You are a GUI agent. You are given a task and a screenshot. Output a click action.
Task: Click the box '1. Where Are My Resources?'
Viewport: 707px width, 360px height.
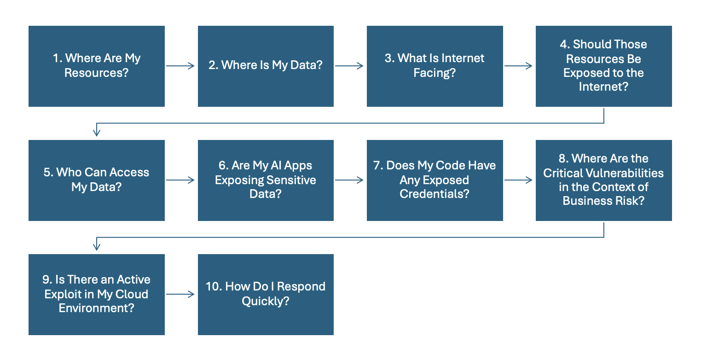pos(96,66)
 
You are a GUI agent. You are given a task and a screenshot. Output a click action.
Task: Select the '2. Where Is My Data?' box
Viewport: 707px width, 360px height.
pos(266,66)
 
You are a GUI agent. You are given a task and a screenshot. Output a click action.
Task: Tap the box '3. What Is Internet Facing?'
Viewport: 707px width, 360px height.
pos(435,66)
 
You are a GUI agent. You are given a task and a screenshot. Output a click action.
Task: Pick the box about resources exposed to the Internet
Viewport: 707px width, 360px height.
pos(603,66)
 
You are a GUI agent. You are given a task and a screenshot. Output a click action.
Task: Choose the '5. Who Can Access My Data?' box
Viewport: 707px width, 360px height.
pos(96,180)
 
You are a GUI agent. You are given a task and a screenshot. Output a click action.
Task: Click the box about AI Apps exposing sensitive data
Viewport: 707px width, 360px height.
pos(266,180)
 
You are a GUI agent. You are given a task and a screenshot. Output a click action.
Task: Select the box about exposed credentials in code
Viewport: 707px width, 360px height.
pos(435,180)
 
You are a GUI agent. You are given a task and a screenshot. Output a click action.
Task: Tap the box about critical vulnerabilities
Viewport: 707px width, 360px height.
pos(603,180)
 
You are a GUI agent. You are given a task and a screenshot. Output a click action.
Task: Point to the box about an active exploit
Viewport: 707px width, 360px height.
pos(96,295)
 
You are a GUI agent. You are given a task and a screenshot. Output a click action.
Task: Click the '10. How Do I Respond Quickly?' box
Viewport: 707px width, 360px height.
pos(266,295)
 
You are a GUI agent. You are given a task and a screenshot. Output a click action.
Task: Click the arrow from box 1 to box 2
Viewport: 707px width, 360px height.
pos(180,66)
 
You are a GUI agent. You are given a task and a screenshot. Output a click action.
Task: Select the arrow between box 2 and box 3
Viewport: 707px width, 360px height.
pos(349,66)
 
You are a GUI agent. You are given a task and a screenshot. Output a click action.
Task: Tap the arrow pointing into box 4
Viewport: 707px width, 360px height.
pos(519,66)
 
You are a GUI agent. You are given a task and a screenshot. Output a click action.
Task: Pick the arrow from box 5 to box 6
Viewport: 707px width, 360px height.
pos(180,180)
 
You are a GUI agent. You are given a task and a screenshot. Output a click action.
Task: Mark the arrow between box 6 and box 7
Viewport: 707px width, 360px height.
pos(349,180)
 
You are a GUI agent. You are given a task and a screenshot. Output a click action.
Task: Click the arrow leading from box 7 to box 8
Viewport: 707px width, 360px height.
pos(519,180)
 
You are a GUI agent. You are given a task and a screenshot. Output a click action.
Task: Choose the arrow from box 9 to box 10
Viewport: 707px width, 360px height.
pos(180,295)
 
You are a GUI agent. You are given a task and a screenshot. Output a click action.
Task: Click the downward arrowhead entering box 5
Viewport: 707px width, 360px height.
pos(96,133)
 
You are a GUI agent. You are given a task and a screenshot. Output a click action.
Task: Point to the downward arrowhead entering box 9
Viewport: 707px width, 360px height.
pos(96,247)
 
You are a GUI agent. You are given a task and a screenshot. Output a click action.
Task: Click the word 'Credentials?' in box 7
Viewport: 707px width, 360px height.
pos(434,194)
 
